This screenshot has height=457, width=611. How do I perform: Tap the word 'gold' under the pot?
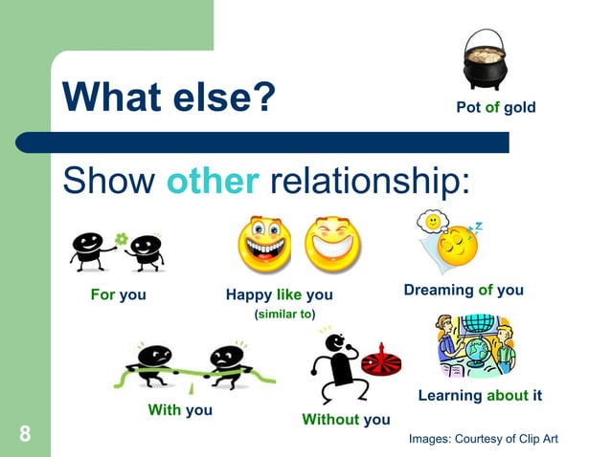pos(520,107)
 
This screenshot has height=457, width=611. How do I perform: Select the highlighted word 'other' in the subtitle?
pos(213,180)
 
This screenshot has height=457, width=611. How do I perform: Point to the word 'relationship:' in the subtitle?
pos(371,180)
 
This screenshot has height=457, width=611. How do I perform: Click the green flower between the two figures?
pos(121,237)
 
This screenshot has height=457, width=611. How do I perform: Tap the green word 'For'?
pos(102,294)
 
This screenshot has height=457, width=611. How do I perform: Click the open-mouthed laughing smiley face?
pos(264,245)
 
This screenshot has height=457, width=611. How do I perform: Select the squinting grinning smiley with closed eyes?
pos(331,245)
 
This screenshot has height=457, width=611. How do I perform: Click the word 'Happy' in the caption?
pos(248,295)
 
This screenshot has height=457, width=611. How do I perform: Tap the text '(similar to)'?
pos(284,314)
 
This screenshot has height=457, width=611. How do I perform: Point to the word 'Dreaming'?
pos(439,290)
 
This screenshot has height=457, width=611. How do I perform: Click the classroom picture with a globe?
pos(476,346)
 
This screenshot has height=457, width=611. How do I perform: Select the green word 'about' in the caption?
pos(507,395)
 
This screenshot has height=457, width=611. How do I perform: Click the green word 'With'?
pos(164,410)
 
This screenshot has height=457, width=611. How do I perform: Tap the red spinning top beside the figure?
pos(381,361)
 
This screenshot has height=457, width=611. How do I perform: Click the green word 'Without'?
pos(329,419)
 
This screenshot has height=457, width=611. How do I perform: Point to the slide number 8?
pos(25,435)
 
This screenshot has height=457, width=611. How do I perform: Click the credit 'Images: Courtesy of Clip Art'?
pos(483,438)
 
